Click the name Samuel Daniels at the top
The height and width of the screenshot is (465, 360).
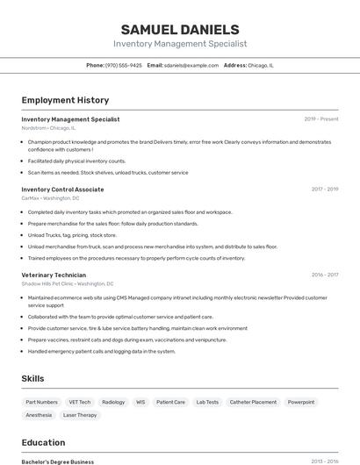180,29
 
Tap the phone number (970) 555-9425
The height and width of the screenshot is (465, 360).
124,65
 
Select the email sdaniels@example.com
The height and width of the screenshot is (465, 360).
191,65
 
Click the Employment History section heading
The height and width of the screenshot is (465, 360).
65,100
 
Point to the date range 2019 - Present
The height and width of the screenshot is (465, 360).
321,118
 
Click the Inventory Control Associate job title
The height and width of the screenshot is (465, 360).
62,189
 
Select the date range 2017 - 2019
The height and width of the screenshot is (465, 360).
324,189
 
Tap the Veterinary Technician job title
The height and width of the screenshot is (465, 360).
54,275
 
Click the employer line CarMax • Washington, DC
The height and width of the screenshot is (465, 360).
50,198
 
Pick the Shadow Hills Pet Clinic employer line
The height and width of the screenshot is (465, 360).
67,284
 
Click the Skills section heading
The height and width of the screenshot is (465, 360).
33,378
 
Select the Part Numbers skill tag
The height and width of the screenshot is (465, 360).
42,402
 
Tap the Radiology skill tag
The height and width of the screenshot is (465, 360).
113,402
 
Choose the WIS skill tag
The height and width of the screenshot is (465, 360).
140,402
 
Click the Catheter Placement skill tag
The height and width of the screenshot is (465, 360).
253,402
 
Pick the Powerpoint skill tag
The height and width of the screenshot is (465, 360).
301,402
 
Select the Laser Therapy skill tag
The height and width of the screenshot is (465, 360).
80,415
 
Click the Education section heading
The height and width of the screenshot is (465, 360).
43,442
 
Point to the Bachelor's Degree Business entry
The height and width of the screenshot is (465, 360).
57,461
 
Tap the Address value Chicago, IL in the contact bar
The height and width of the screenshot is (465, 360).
261,65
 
